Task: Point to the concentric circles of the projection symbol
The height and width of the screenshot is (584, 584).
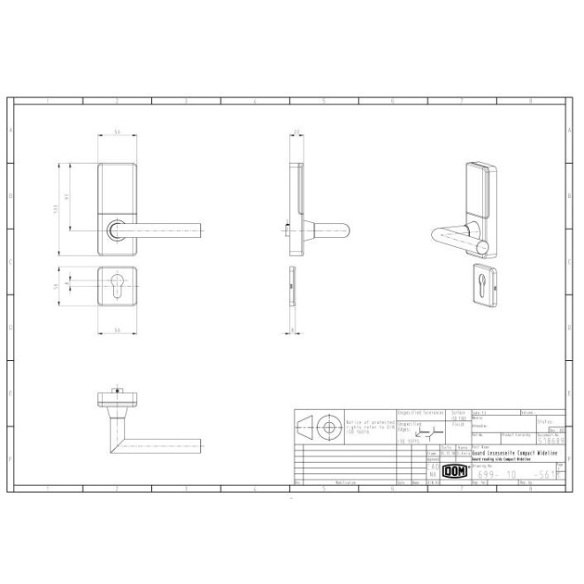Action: (x=330, y=426)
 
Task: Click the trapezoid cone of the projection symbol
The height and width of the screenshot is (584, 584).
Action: (x=305, y=426)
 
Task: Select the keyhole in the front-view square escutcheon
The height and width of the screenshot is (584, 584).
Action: (x=117, y=286)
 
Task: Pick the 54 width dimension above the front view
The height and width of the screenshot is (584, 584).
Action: (x=117, y=134)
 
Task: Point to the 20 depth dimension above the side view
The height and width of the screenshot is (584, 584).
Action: (x=297, y=134)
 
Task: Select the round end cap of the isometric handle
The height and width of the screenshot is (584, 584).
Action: (x=484, y=245)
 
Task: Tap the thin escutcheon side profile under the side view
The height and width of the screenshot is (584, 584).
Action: (x=293, y=288)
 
